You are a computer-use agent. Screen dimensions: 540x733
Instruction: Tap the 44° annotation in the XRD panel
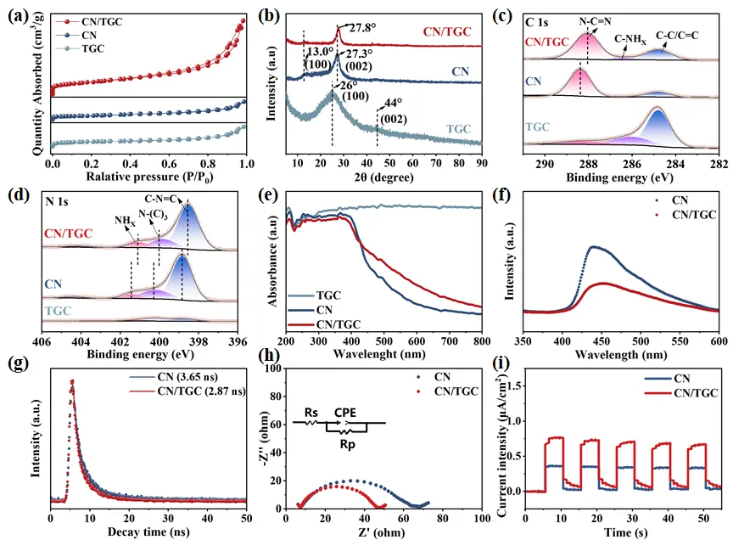[391, 102]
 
